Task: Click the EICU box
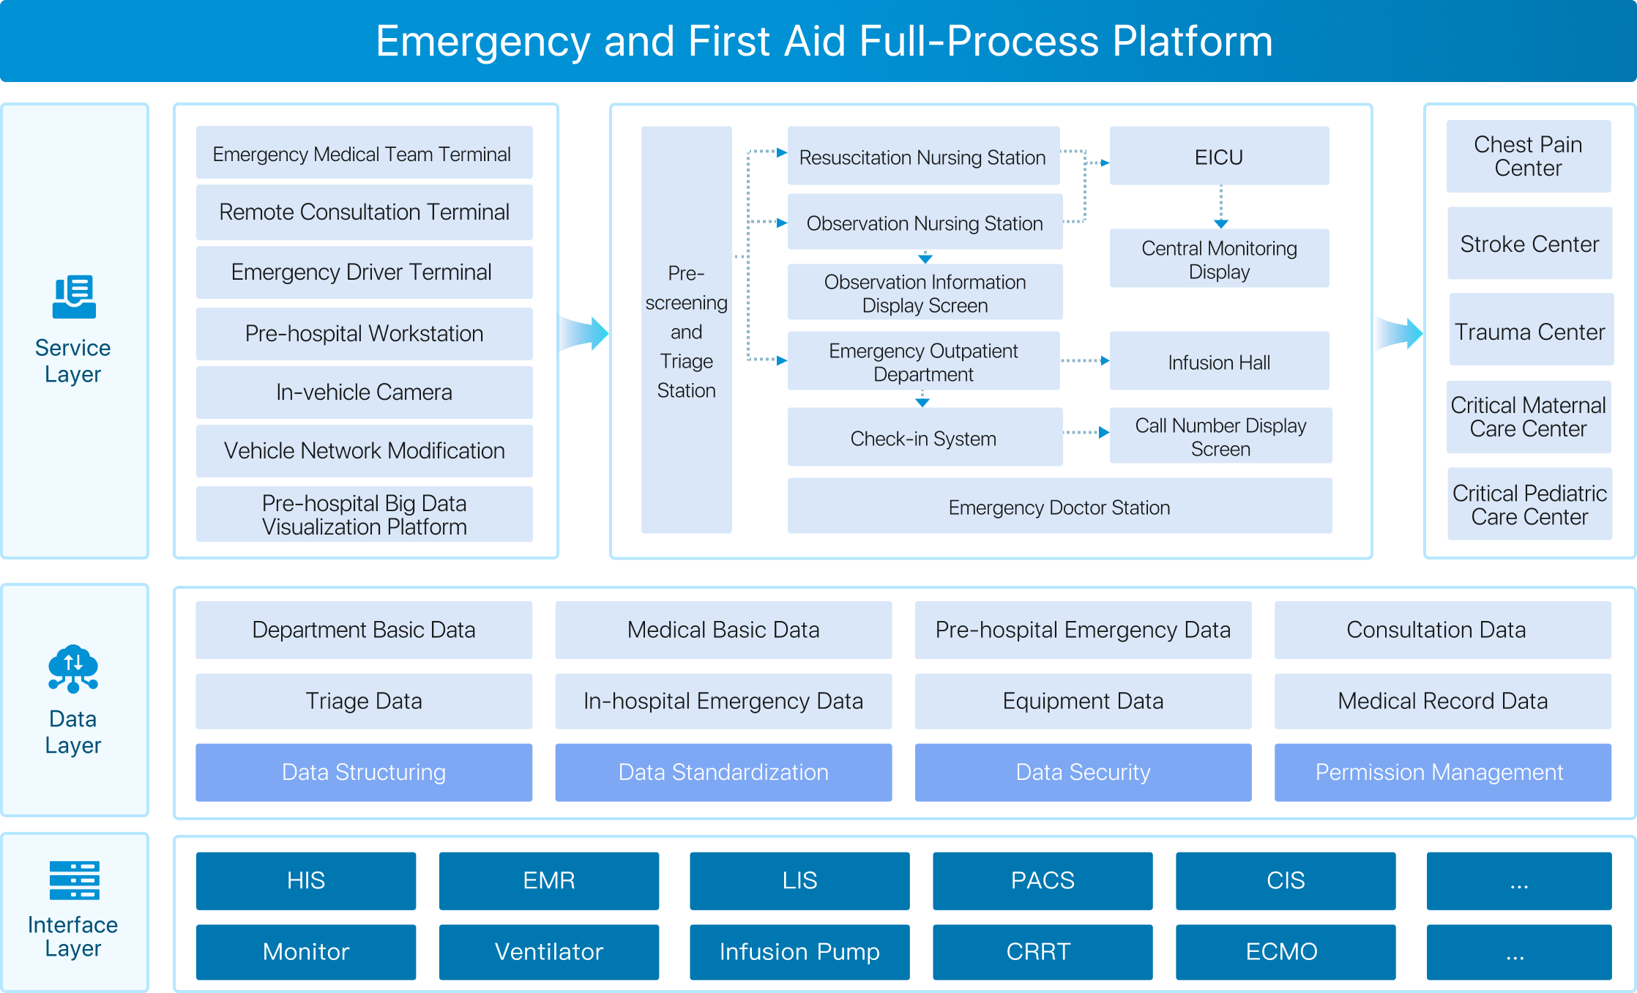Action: tap(1219, 156)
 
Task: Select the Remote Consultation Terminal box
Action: tap(364, 212)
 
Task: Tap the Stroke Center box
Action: tap(1529, 243)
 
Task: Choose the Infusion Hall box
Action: tap(1219, 361)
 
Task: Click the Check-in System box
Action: tap(925, 437)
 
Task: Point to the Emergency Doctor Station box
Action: tap(1059, 506)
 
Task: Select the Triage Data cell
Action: tap(364, 701)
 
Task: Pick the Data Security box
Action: tap(1083, 772)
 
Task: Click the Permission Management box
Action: tap(1442, 772)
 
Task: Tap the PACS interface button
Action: tap(1043, 880)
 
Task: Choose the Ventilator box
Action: tap(549, 951)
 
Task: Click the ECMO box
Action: tap(1286, 951)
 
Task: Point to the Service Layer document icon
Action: tap(74, 297)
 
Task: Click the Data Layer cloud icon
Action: tap(73, 669)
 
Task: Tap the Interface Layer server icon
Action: tap(74, 880)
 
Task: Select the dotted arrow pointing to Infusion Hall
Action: tap(1085, 360)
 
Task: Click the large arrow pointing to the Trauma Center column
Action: tap(1399, 333)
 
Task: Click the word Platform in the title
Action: tap(1193, 41)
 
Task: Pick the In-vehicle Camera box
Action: tap(364, 392)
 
